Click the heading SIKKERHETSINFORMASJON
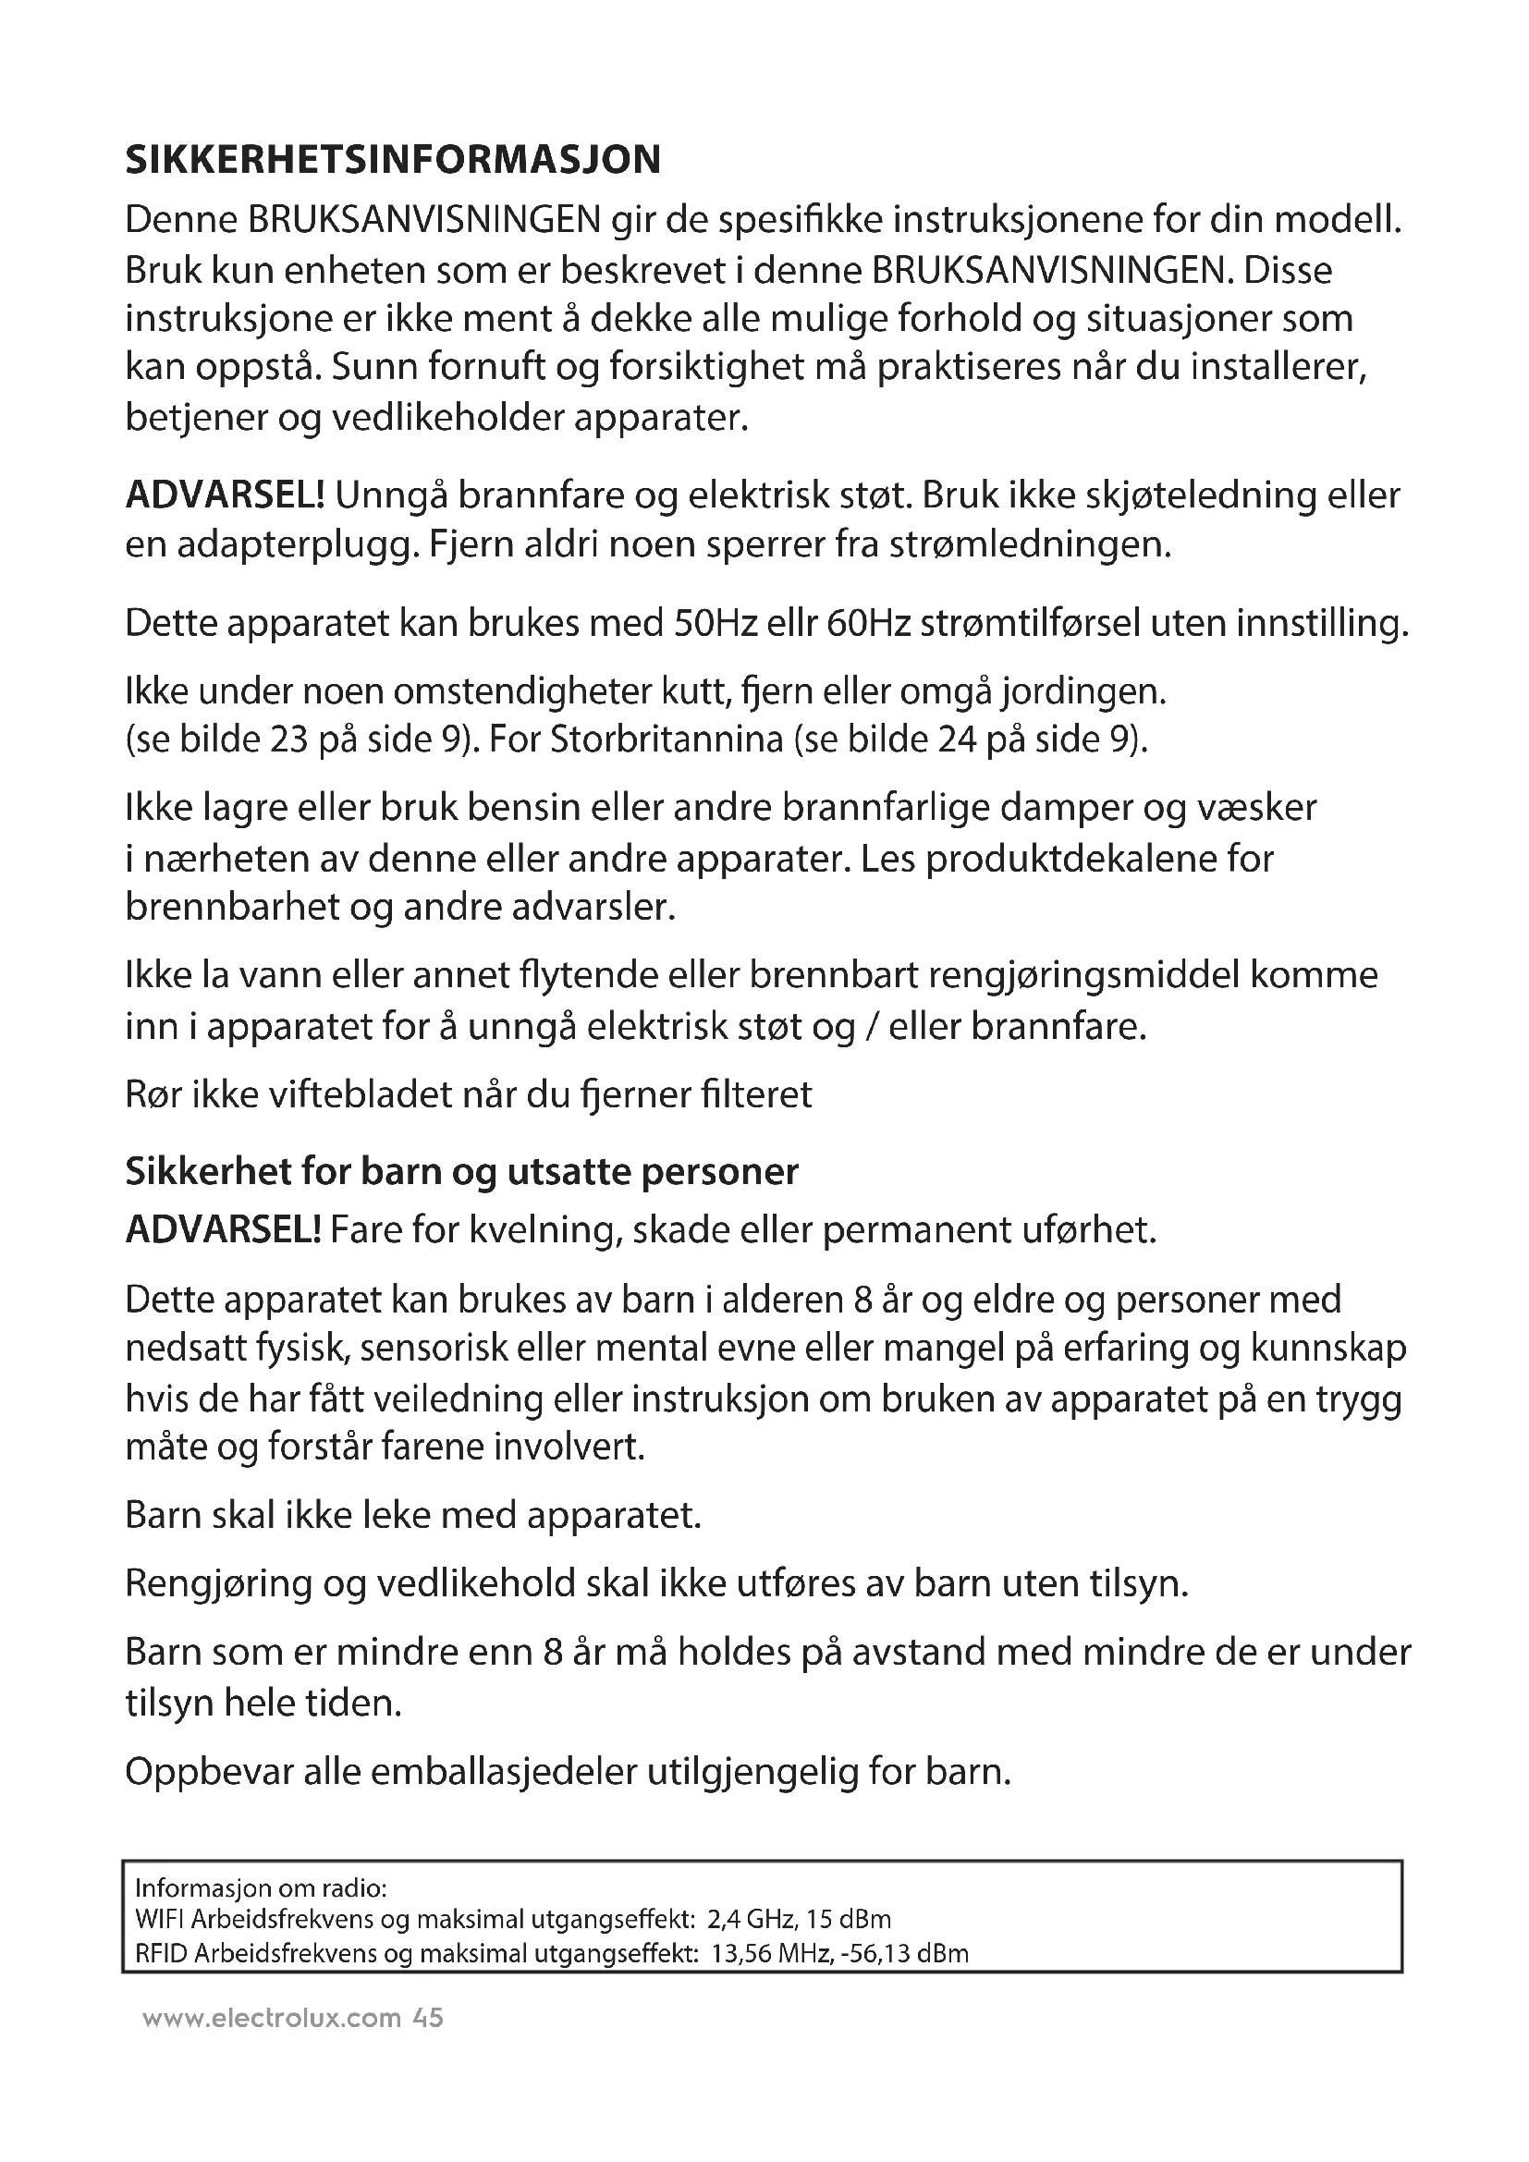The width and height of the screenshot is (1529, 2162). tap(393, 160)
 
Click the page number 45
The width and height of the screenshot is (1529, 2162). tap(427, 2018)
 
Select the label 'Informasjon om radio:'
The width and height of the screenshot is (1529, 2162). tap(262, 1889)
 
